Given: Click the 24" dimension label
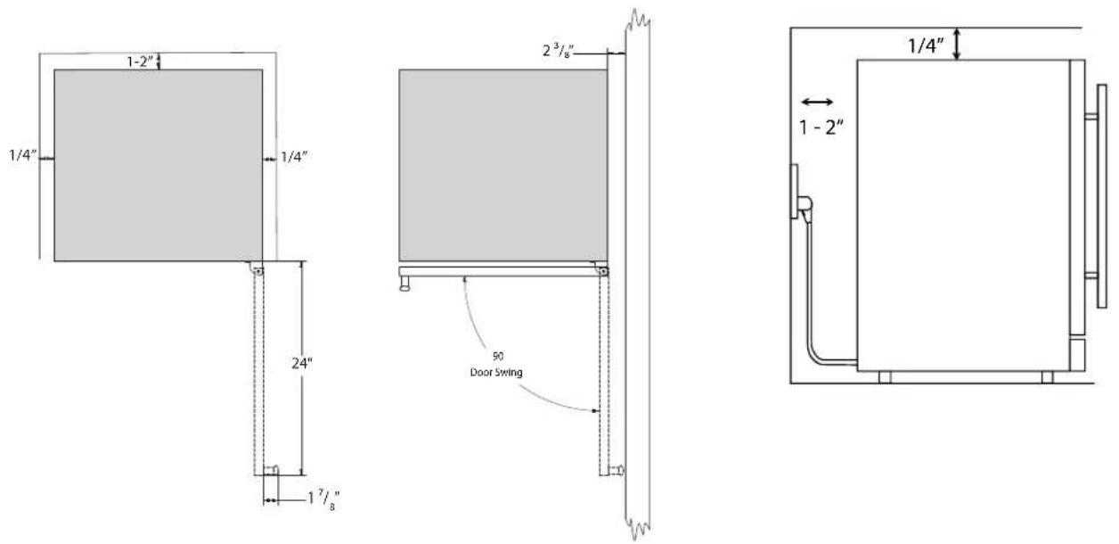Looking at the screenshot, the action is click(302, 363).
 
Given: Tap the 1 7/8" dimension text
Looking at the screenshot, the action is click(323, 500).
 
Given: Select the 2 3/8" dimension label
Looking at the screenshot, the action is click(559, 51).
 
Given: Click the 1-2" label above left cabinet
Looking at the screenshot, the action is click(142, 62).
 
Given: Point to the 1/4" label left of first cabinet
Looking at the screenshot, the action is click(23, 155).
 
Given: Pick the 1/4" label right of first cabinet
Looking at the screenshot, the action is click(294, 157).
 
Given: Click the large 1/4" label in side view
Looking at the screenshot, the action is click(926, 46).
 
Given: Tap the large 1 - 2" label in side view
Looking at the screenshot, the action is click(821, 128).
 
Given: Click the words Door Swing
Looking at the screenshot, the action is click(496, 373).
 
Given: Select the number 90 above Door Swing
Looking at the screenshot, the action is click(497, 356).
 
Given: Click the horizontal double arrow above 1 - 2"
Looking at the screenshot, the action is click(817, 102).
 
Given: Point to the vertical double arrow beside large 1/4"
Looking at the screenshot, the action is click(957, 44).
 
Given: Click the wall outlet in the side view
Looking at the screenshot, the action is click(795, 191).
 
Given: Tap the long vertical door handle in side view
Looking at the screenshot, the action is click(1102, 195).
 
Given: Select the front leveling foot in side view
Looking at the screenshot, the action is click(1047, 377).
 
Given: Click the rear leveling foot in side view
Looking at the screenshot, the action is click(885, 377).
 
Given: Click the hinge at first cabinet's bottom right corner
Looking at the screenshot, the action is click(257, 269).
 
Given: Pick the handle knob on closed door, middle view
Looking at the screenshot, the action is click(404, 284).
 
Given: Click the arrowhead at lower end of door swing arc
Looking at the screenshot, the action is click(595, 411).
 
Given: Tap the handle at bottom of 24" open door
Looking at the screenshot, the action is click(271, 470).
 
